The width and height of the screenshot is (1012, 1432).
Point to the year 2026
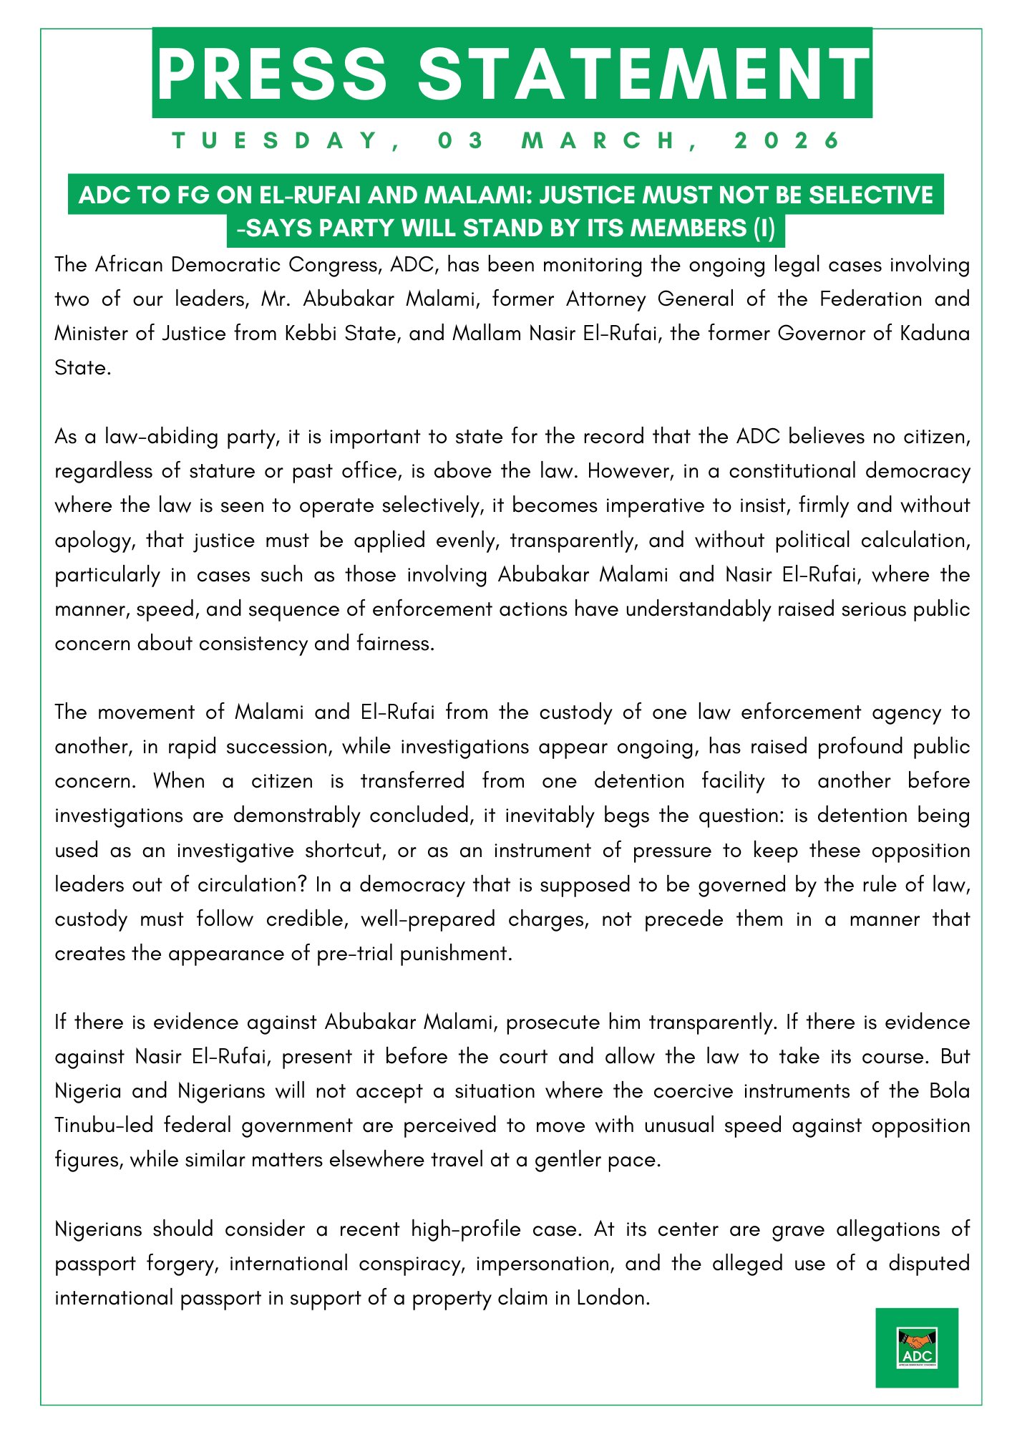pos(787,140)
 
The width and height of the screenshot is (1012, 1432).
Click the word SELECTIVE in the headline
pos(871,195)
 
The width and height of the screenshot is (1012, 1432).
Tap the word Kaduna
pos(935,334)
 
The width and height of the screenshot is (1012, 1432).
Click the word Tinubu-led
pos(104,1126)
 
